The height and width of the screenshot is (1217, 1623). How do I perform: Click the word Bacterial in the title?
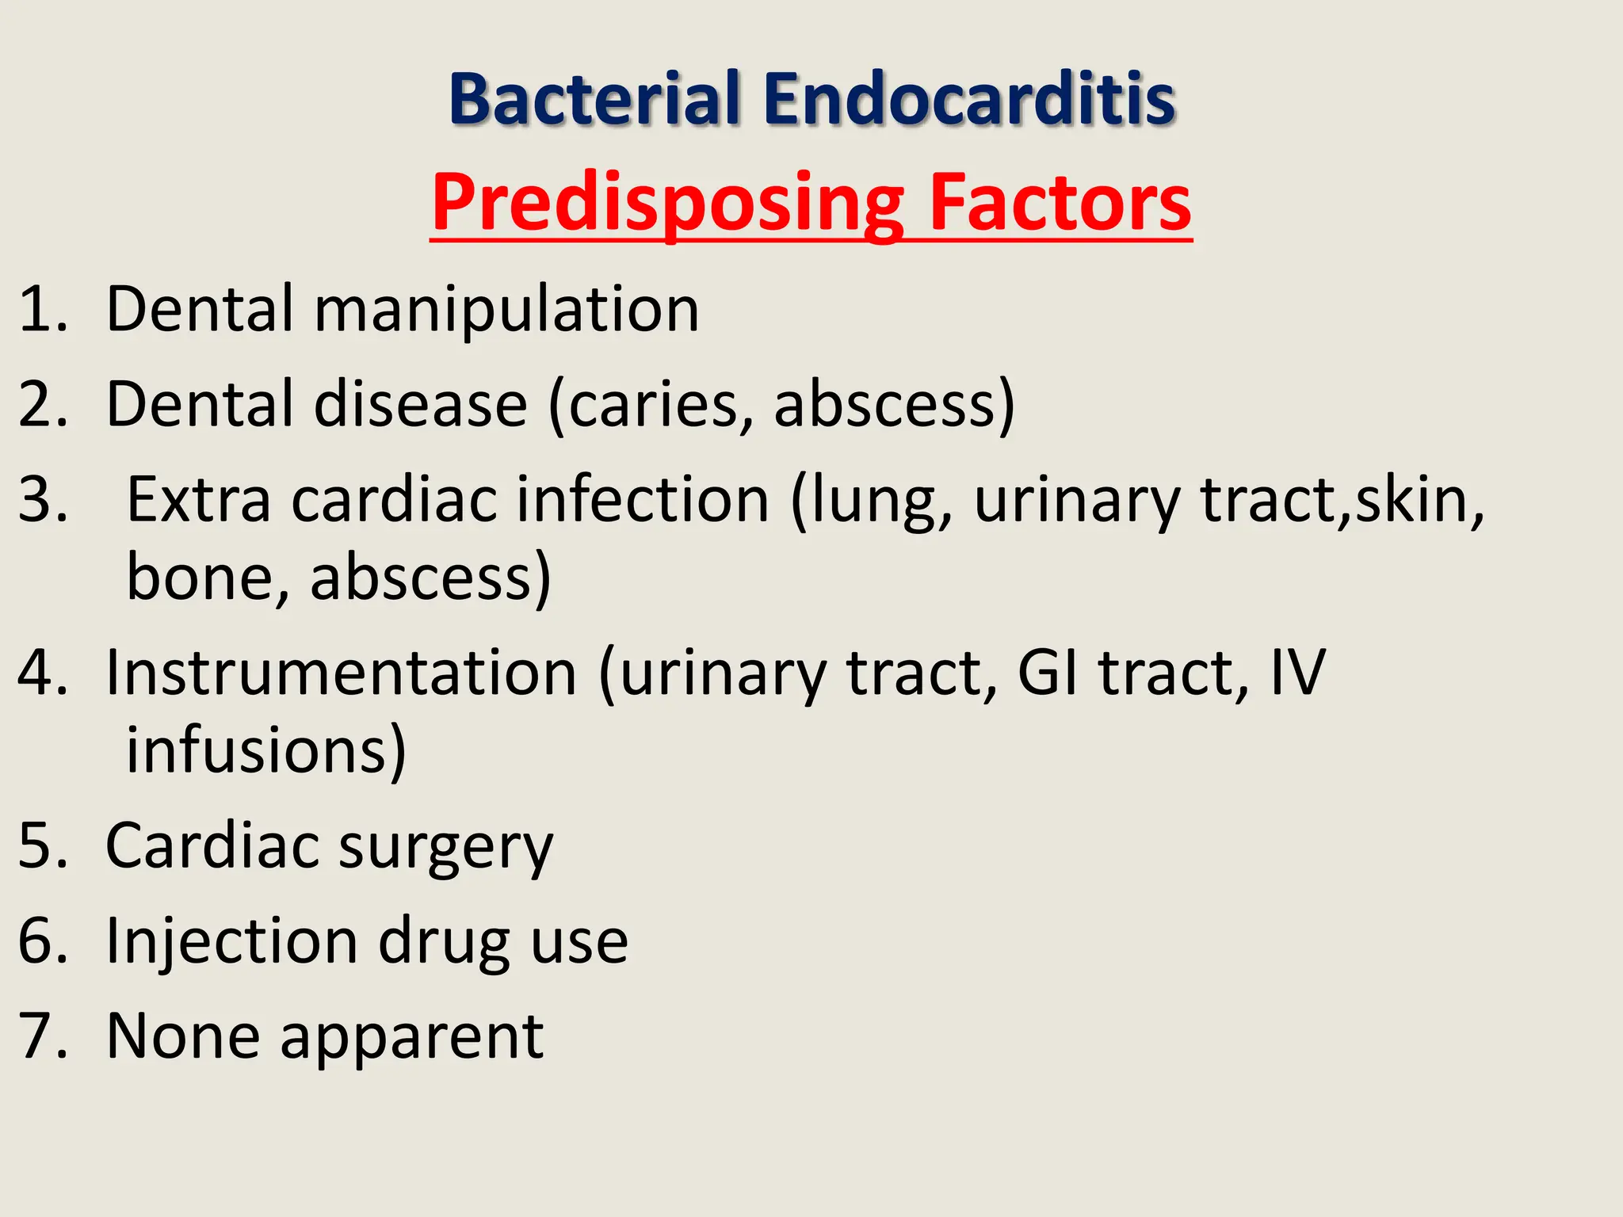pyautogui.click(x=594, y=100)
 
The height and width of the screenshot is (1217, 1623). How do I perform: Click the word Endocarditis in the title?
pyautogui.click(x=968, y=100)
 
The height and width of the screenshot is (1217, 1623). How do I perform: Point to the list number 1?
pyautogui.click(x=40, y=309)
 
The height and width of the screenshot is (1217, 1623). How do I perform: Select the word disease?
pyautogui.click(x=420, y=404)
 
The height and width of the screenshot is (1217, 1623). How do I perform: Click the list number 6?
pyautogui.click(x=40, y=941)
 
